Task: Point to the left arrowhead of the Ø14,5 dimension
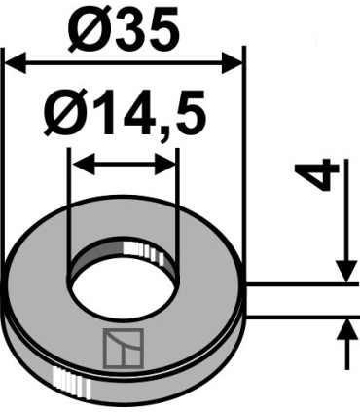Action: (x=79, y=164)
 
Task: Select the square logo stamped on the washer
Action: (x=124, y=345)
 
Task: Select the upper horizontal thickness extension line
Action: (x=302, y=284)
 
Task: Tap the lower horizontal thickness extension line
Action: (x=302, y=317)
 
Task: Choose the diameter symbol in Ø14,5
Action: (x=61, y=116)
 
